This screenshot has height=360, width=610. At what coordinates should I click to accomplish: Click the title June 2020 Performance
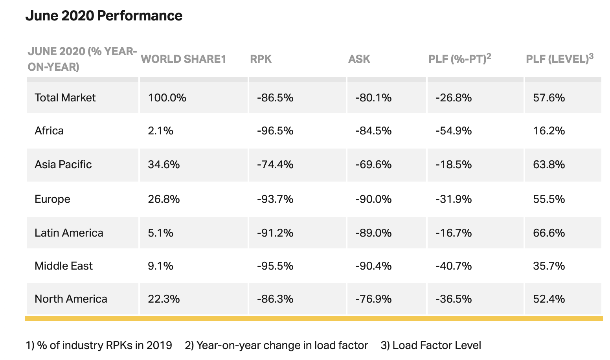[x=104, y=15]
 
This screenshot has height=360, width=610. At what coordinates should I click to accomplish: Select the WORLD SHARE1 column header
[x=184, y=59]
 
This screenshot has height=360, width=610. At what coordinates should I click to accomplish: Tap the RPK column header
[x=261, y=59]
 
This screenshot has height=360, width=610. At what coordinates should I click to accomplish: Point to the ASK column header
[x=359, y=59]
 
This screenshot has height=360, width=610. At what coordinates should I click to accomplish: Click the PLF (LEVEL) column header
[x=560, y=59]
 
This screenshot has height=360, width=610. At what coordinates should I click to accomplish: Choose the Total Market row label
[x=65, y=97]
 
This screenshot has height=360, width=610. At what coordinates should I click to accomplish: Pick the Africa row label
[x=49, y=131]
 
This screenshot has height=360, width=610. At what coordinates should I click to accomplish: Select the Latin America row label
[x=69, y=233]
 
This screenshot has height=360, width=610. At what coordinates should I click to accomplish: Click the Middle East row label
[x=63, y=266]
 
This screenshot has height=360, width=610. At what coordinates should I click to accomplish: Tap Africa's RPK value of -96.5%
[x=275, y=131]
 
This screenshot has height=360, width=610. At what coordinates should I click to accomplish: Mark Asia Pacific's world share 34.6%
[x=164, y=165]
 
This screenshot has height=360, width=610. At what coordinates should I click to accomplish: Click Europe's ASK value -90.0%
[x=373, y=199]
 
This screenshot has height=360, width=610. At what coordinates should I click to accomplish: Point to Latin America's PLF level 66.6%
[x=549, y=233]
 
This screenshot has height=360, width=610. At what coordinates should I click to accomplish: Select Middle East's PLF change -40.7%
[x=454, y=266]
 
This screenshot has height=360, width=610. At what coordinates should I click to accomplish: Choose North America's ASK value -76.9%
[x=373, y=299]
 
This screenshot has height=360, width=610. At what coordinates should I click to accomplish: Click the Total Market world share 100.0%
[x=167, y=97]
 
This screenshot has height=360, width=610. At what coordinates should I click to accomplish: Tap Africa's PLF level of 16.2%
[x=549, y=131]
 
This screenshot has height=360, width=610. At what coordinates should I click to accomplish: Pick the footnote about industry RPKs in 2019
[x=99, y=345]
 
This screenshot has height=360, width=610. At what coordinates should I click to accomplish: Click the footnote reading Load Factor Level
[x=431, y=345]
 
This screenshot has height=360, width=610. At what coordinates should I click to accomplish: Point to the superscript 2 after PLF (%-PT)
[x=489, y=56]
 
